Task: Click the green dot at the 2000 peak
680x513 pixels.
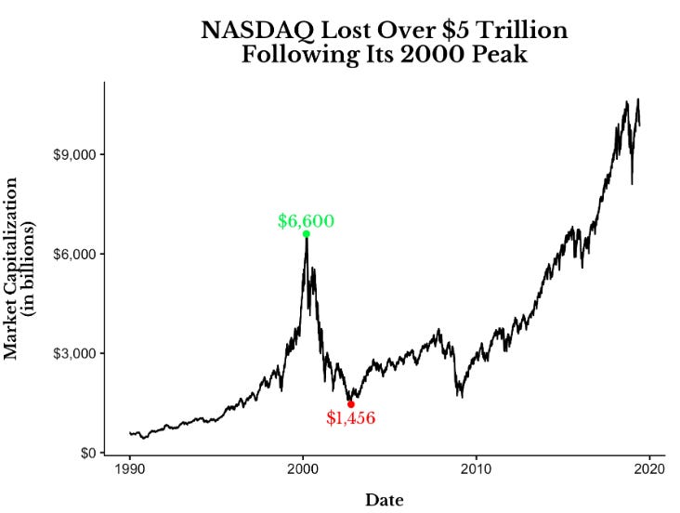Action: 306,234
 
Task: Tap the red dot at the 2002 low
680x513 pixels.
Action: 350,404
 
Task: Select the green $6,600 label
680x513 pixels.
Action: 306,221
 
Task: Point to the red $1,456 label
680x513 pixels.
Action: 350,418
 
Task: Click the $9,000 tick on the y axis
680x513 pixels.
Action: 76,154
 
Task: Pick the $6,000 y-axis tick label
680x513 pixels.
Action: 76,254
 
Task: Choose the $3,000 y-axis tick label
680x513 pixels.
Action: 76,354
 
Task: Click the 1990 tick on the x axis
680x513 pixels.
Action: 130,468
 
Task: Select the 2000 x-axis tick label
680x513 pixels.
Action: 303,468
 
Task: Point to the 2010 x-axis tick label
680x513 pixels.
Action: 477,468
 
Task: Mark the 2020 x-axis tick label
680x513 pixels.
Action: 649,468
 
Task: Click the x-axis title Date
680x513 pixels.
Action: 384,500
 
